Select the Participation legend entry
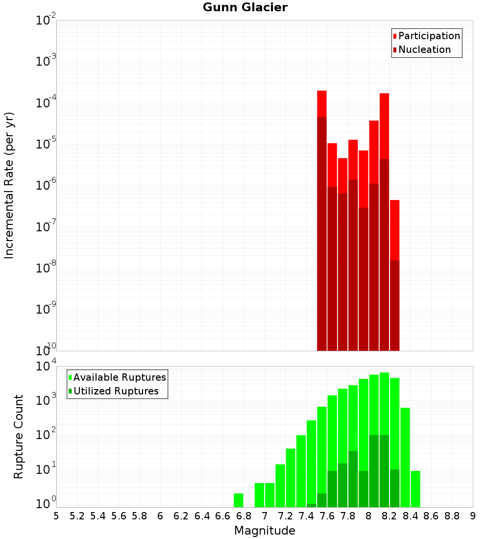click(429, 36)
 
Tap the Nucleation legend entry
click(424, 50)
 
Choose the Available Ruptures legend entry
click(119, 378)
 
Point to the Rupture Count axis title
click(19, 437)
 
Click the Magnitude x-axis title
click(265, 531)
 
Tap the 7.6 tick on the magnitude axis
click(327, 516)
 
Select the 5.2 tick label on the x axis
click(77, 516)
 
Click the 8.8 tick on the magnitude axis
click(452, 516)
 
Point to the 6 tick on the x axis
click(160, 516)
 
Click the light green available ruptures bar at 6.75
click(238, 500)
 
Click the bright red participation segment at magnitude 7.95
click(363, 179)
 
